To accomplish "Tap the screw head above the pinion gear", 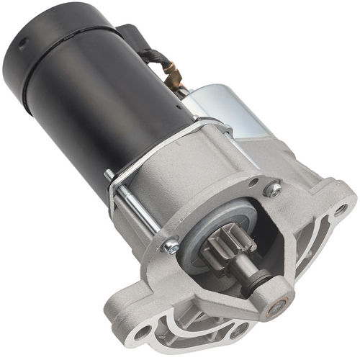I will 273,189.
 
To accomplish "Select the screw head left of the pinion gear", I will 171,246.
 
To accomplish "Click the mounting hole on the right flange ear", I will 340,210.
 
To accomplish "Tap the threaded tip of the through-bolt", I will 108,174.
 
